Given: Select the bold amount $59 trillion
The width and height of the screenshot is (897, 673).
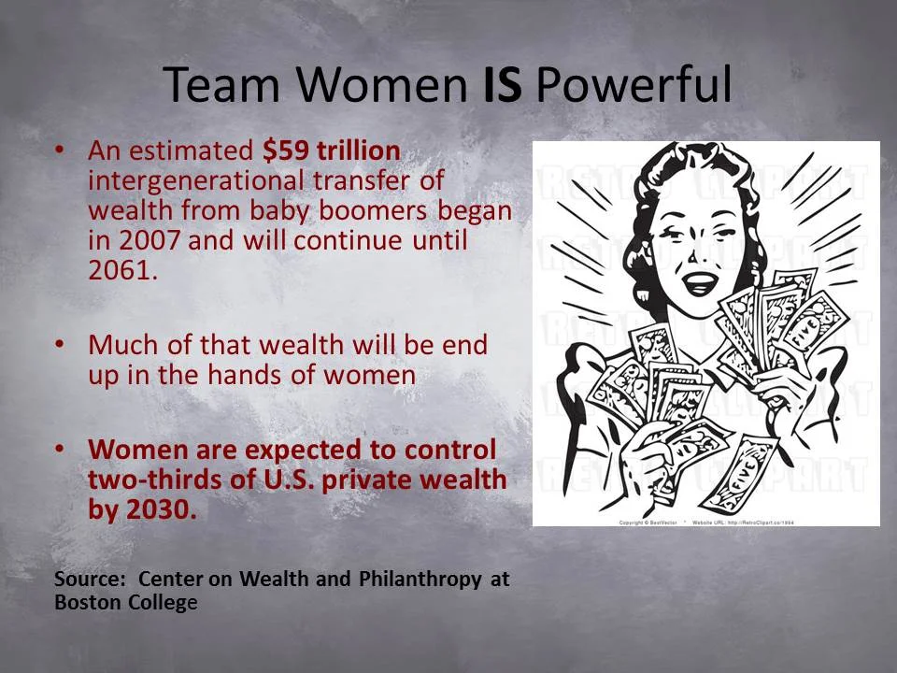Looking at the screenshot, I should coord(332,150).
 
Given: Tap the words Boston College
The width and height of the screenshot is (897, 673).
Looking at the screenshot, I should coord(126,602).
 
